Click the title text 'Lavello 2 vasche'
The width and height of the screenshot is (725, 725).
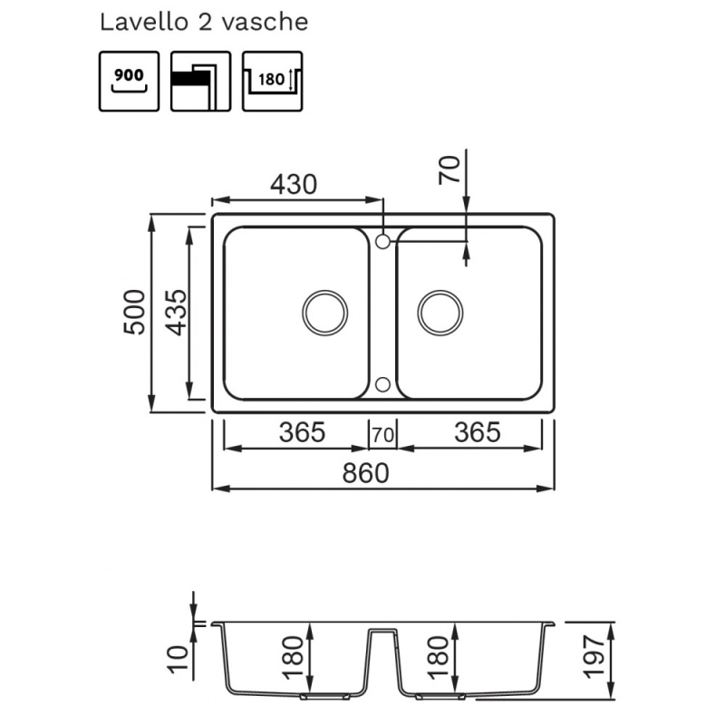[204, 23]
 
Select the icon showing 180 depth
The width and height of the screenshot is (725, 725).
[273, 81]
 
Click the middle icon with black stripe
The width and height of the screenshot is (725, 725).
[200, 81]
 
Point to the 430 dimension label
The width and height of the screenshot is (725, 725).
[294, 184]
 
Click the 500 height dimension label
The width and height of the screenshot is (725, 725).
[134, 313]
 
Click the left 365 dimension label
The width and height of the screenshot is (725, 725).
[301, 433]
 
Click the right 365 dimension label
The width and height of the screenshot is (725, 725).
[477, 433]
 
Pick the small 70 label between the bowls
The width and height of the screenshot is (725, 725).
[382, 435]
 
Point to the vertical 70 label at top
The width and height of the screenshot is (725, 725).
[450, 170]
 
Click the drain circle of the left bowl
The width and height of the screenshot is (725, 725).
[324, 313]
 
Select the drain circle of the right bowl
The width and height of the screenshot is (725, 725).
[440, 313]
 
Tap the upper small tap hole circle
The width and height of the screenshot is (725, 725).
[382, 241]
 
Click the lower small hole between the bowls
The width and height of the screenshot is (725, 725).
[382, 384]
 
